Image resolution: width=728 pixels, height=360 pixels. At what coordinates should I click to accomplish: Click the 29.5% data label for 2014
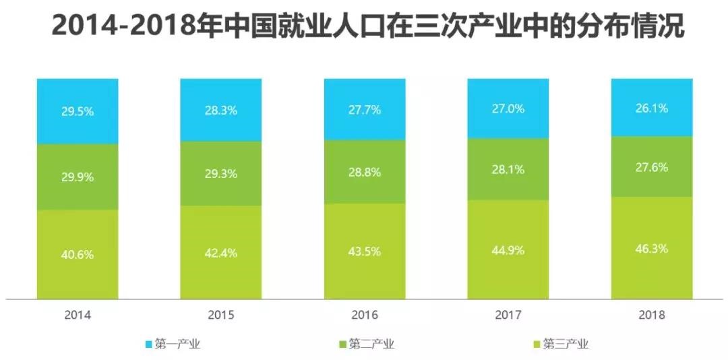78,112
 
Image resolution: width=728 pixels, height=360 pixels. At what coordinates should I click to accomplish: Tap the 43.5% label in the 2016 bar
365,251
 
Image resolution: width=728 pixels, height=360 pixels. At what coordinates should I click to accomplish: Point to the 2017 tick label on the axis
508,315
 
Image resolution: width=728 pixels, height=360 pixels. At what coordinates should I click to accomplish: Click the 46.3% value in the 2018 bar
652,248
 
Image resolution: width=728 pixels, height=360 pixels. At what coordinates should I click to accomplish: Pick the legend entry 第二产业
371,344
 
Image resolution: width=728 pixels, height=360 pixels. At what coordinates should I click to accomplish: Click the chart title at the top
364,28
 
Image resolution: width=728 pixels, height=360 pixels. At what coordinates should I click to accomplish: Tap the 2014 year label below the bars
78,315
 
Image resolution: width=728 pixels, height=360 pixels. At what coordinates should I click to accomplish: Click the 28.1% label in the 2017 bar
508,169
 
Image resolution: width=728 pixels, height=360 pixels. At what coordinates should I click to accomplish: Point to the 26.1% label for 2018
652,108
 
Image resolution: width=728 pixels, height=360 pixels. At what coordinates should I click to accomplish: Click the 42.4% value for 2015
221,253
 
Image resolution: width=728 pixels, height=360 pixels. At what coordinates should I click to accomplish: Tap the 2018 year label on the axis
652,315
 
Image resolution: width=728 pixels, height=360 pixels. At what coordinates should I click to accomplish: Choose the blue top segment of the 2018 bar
652,91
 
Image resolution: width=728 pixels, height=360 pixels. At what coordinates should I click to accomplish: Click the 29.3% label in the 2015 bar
221,174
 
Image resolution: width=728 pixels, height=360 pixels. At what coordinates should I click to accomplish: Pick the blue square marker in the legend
149,344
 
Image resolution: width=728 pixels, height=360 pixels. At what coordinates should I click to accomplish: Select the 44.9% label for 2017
508,250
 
